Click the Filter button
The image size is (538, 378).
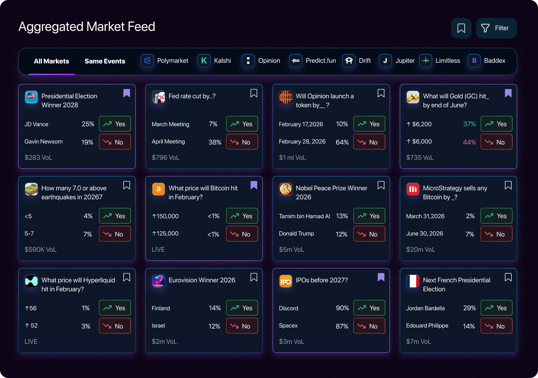(x=496, y=28)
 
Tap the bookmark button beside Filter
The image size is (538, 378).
(x=461, y=28)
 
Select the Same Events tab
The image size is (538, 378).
(x=105, y=61)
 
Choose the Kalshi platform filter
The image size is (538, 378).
(x=215, y=61)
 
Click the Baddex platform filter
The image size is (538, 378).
(x=487, y=61)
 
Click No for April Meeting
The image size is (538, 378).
(x=242, y=142)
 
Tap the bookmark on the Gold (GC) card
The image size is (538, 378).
(x=508, y=93)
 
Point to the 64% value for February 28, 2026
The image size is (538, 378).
(x=342, y=142)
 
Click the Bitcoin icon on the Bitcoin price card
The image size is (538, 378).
(x=158, y=189)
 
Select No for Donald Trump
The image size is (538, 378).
(x=369, y=234)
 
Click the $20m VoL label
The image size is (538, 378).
(x=420, y=249)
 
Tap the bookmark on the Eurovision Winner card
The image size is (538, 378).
(x=254, y=277)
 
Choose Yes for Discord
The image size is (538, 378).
(x=369, y=308)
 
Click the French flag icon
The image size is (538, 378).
(x=413, y=281)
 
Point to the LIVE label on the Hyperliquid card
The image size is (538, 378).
(x=31, y=341)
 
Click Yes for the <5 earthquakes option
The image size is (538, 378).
(x=115, y=216)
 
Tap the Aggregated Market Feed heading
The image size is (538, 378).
(x=87, y=27)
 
